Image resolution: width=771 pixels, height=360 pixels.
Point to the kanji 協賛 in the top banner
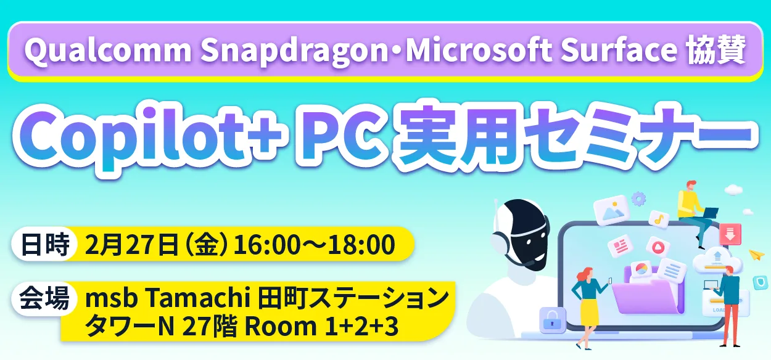(716, 51)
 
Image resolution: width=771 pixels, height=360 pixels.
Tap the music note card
(659, 218)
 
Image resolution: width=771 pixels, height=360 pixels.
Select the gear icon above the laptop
(638, 198)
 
